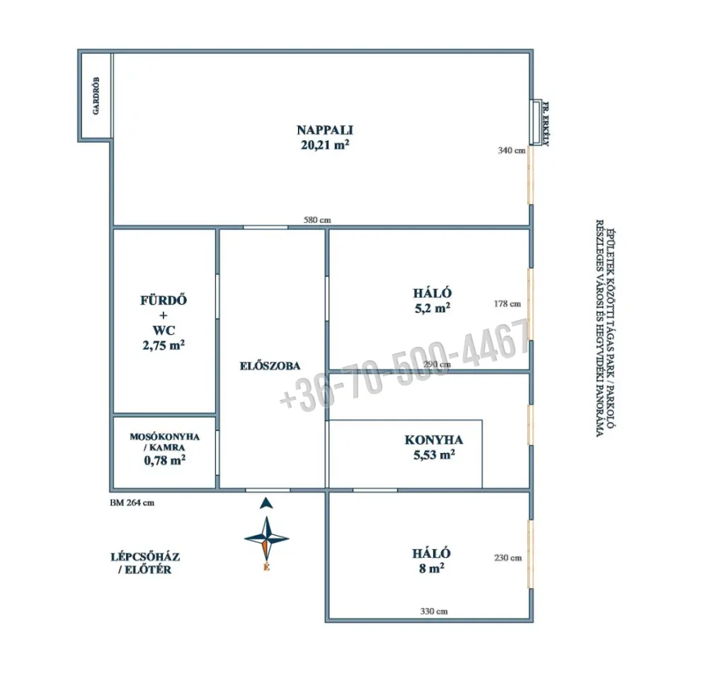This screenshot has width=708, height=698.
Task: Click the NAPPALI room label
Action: click(325, 130)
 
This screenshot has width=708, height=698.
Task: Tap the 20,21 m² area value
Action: click(325, 145)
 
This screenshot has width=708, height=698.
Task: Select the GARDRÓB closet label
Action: click(96, 96)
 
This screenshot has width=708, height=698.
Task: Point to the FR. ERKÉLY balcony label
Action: click(545, 124)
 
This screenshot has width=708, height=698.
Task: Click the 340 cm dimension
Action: click(512, 150)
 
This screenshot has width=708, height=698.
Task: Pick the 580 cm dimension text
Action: click(317, 220)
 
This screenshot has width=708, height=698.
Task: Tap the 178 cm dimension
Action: click(507, 304)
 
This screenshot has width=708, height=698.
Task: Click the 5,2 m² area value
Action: click(432, 309)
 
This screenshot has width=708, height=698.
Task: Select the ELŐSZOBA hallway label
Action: click(270, 366)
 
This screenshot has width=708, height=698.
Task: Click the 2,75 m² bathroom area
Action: click(164, 345)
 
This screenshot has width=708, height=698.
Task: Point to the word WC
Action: click(164, 331)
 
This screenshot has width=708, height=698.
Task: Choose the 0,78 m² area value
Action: click(164, 461)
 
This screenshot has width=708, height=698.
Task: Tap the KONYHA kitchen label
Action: click(433, 440)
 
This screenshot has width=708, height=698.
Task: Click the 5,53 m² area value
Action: click(434, 454)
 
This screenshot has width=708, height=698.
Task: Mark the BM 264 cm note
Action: click(132, 503)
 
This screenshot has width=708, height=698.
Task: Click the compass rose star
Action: click(266, 538)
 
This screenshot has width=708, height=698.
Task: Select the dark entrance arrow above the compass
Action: click(266, 503)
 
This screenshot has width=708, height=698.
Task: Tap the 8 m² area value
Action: click(431, 568)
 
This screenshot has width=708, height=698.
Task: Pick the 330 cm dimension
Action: click(434, 612)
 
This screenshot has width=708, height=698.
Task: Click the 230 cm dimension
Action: click(508, 558)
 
